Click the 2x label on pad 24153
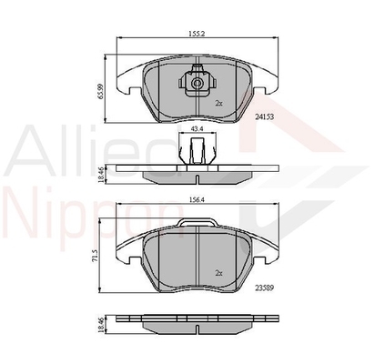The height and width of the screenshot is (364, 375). [x=218, y=104]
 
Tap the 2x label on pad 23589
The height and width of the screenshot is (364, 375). [x=218, y=273]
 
